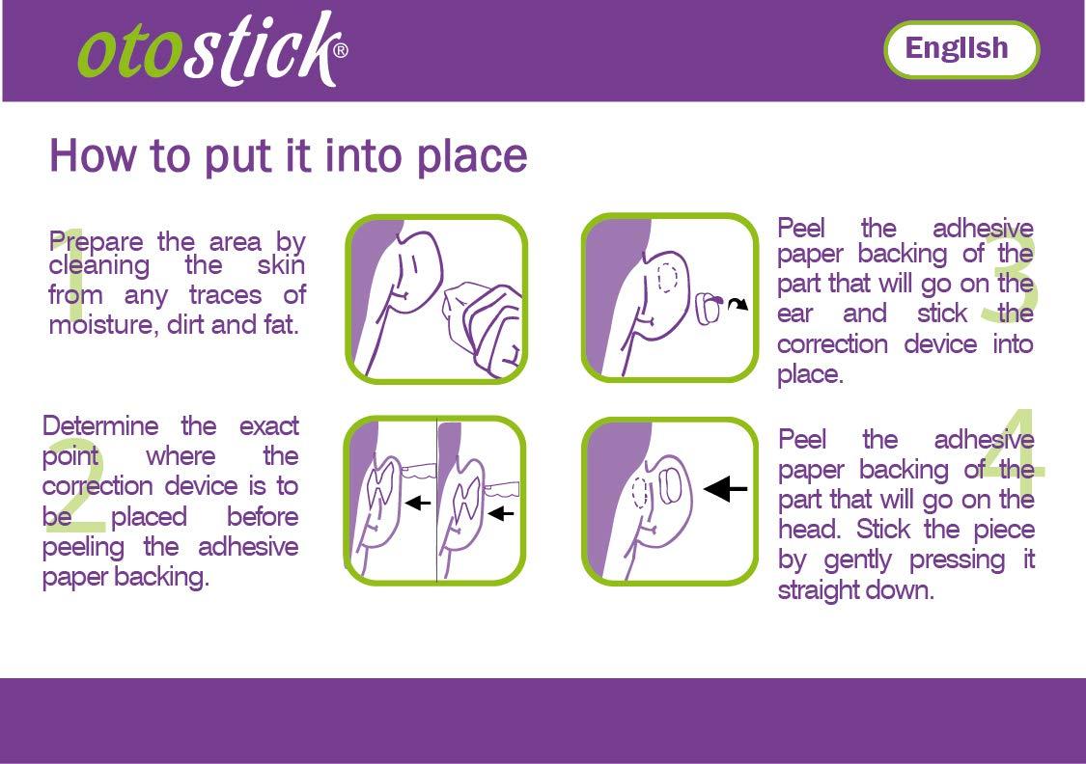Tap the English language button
coord(961,49)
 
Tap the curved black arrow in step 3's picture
coord(737,306)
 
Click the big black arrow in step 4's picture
coord(726,490)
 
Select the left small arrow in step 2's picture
coord(417,502)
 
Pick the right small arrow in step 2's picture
coord(501,514)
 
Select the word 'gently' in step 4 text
coord(880,560)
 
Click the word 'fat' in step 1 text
coord(280,324)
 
